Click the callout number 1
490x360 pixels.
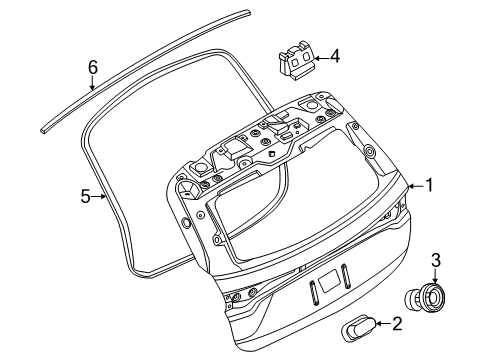point(430,184)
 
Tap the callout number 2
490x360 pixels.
point(396,323)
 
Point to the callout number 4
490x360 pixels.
point(336,57)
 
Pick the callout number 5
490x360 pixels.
point(85,196)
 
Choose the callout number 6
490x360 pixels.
point(91,67)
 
